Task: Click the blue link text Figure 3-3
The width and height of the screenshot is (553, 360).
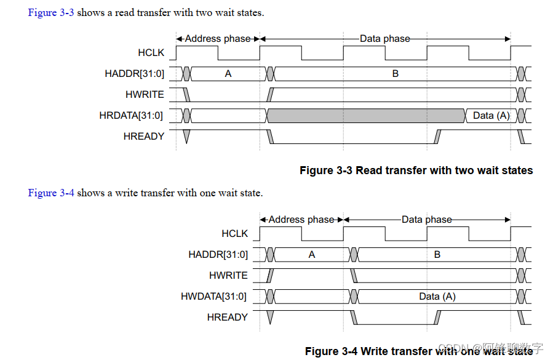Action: (51, 12)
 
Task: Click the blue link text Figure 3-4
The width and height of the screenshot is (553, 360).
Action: (51, 193)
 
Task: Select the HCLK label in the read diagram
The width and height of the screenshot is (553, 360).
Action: (151, 53)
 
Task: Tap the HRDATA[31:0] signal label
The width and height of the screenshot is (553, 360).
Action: (131, 115)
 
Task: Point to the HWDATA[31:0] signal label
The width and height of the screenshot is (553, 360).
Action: (213, 296)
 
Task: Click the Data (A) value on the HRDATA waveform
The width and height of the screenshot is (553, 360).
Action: (491, 115)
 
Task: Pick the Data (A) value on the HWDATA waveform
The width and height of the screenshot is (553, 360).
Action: (437, 296)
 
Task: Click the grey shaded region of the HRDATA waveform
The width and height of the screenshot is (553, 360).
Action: (365, 115)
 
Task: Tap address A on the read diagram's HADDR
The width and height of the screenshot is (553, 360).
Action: (228, 74)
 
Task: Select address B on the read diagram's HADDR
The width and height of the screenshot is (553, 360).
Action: (395, 74)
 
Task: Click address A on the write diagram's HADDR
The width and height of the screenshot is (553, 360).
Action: (312, 254)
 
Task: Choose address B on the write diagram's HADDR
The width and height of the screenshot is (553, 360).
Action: (437, 254)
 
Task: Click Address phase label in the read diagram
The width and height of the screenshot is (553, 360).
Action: (218, 38)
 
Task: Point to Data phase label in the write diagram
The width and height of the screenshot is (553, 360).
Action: (426, 219)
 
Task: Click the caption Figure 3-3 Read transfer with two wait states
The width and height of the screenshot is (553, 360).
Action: (416, 170)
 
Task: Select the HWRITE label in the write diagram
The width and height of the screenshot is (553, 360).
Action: (228, 275)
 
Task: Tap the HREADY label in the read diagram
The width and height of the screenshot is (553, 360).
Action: (143, 136)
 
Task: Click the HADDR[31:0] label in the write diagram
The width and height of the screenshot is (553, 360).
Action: (218, 254)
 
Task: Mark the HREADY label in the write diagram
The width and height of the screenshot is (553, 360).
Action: (227, 317)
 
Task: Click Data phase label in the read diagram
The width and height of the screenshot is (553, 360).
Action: (384, 38)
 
